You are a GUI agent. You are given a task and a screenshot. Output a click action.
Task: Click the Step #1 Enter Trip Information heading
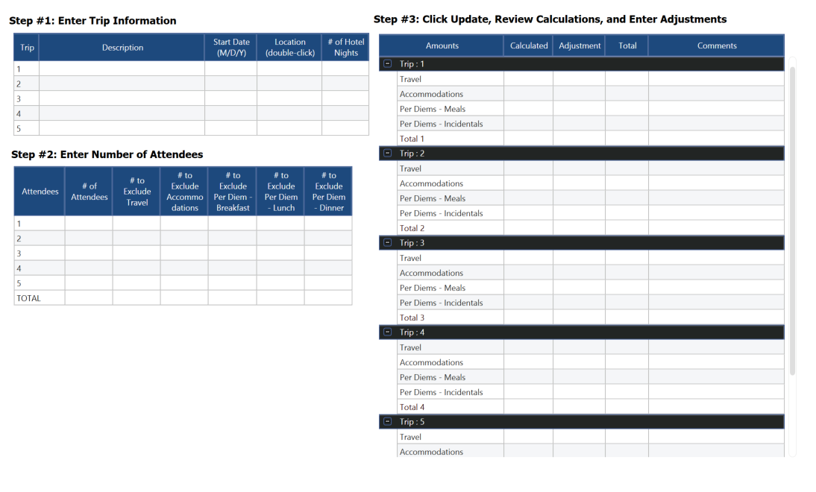[x=92, y=21]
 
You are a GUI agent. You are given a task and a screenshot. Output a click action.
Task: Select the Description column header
[x=122, y=48]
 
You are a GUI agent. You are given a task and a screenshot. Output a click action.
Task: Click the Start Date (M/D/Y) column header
[x=231, y=48]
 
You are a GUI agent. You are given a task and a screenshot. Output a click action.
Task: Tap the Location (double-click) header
[x=289, y=48]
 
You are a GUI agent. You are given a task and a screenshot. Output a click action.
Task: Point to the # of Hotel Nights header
[x=345, y=48]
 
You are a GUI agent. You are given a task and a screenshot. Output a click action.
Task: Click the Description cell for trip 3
[x=122, y=98]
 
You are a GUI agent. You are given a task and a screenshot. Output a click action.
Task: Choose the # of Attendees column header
[x=89, y=192]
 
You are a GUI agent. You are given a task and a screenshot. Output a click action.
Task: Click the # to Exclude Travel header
[x=136, y=192]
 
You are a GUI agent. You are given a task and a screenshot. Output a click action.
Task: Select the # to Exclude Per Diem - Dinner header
[x=328, y=192]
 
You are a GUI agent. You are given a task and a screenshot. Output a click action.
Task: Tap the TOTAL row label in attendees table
[x=29, y=298]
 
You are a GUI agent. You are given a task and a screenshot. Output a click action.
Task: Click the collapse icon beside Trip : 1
[x=387, y=64]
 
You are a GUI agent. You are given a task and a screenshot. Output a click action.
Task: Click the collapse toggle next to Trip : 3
[x=387, y=243]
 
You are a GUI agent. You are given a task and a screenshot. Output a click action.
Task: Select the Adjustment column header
[x=580, y=45]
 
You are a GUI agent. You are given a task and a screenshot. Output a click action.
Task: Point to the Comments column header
[x=716, y=45]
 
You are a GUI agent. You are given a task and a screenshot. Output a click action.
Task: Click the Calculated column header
[x=529, y=45]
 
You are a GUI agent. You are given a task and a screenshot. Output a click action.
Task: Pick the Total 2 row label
[x=412, y=228]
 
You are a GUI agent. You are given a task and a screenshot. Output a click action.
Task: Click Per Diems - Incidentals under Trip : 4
[x=441, y=392]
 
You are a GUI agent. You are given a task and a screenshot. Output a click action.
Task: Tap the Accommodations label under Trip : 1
[x=431, y=94]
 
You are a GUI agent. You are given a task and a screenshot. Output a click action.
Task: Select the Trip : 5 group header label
[x=412, y=422]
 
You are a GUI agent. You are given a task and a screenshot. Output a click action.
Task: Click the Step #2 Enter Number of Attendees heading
[x=107, y=155]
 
